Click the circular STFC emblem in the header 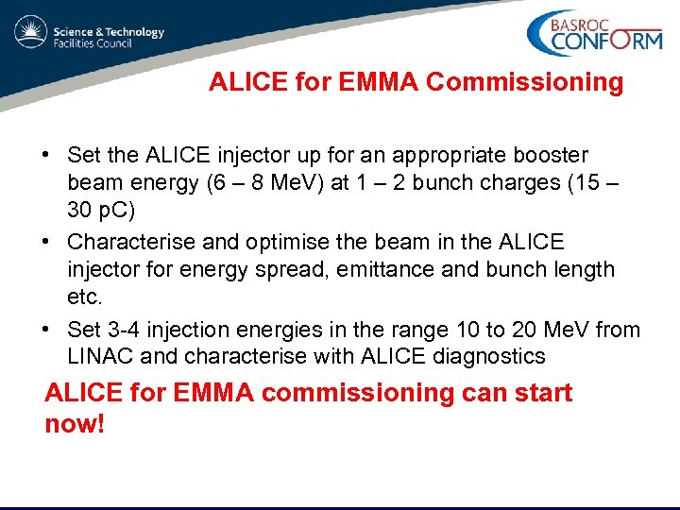pyautogui.click(x=30, y=35)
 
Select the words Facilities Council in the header pyautogui.click(x=97, y=43)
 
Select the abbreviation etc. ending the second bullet pyautogui.click(x=84, y=297)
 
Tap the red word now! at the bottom pyautogui.click(x=75, y=423)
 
